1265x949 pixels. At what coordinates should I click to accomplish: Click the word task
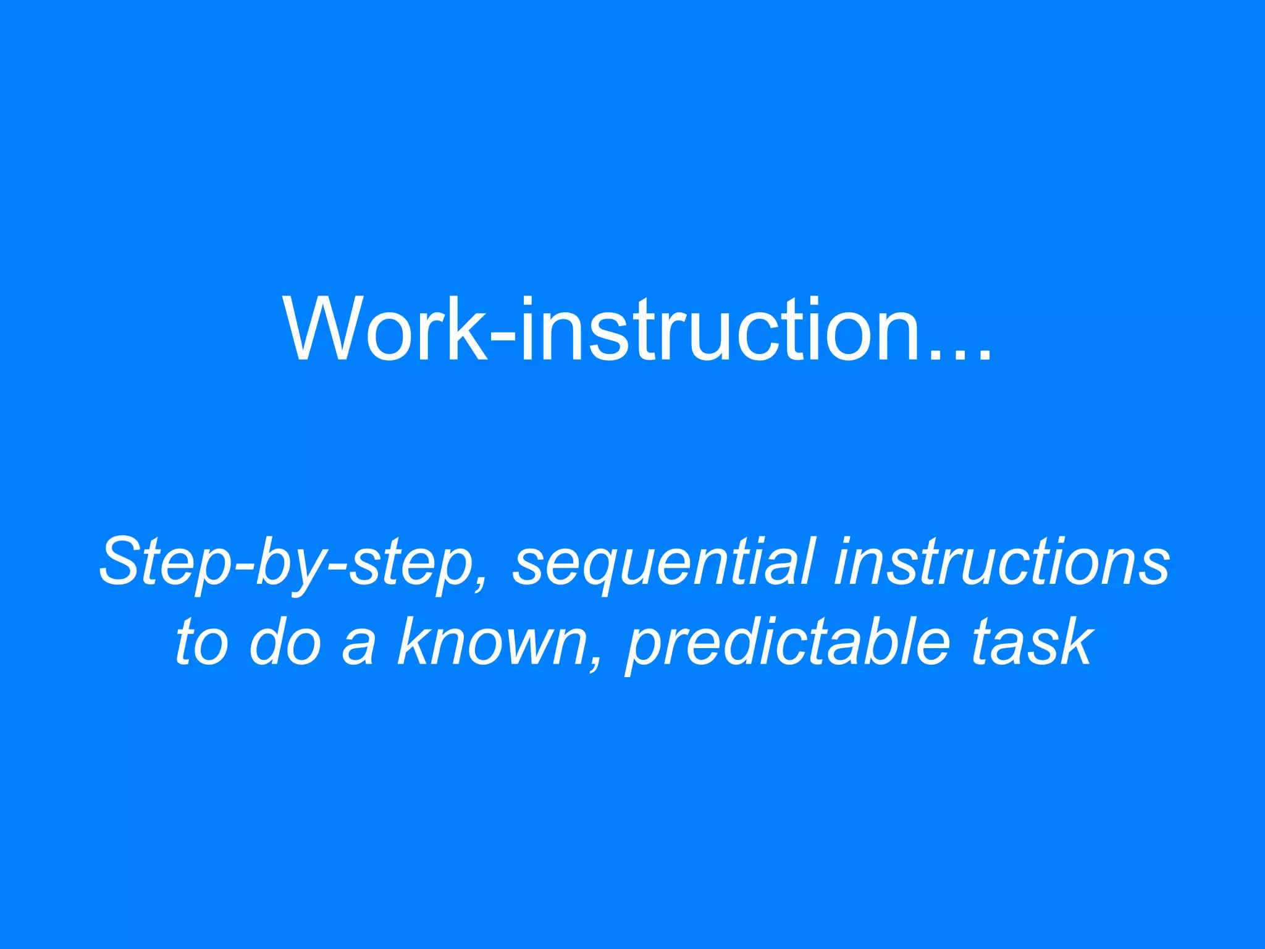click(1032, 643)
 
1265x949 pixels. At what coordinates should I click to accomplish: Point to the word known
click(491, 643)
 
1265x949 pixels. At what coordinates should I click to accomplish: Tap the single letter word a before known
click(358, 649)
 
